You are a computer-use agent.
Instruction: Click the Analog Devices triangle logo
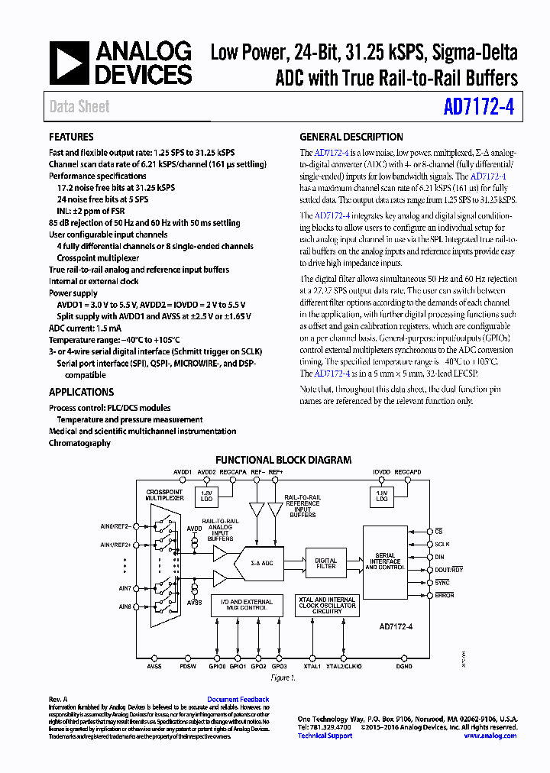click(x=70, y=63)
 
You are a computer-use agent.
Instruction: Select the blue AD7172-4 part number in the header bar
click(x=479, y=107)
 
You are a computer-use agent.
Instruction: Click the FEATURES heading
click(x=72, y=137)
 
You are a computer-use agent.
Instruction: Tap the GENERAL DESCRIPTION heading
click(x=351, y=137)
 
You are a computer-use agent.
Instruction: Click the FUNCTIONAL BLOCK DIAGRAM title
click(x=283, y=460)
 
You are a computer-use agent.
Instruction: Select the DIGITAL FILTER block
click(x=326, y=562)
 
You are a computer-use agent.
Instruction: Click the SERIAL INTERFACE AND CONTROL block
click(x=390, y=563)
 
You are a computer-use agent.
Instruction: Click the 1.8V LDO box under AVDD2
click(x=207, y=496)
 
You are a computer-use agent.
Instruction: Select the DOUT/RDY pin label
click(x=449, y=570)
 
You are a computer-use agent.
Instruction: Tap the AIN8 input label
click(x=125, y=606)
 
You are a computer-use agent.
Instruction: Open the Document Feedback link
click(x=238, y=700)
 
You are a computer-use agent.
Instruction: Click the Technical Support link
click(x=325, y=736)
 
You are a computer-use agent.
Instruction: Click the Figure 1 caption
click(x=283, y=678)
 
